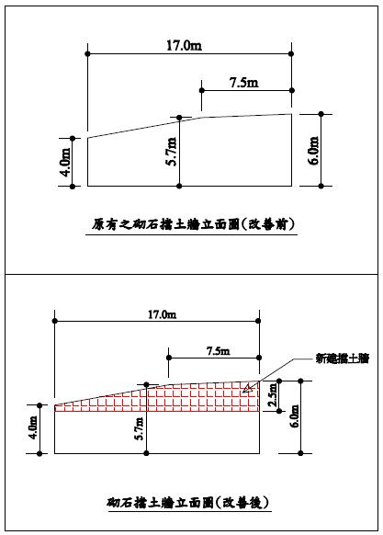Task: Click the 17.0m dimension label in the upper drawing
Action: [x=184, y=45]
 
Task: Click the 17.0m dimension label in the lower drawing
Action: [x=162, y=314]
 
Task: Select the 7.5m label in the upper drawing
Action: [x=243, y=82]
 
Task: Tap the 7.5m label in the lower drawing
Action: [x=219, y=351]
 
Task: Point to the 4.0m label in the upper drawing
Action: [x=65, y=162]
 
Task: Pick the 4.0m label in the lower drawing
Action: [x=33, y=427]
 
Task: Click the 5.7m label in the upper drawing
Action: [x=171, y=151]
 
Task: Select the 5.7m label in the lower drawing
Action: [x=139, y=428]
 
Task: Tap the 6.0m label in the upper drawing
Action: [x=314, y=151]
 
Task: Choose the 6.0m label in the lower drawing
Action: [x=295, y=415]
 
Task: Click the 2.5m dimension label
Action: [x=273, y=394]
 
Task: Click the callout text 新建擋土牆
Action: [x=342, y=359]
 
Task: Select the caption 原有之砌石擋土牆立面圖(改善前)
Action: [x=192, y=224]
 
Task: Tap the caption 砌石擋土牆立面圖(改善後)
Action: [x=188, y=502]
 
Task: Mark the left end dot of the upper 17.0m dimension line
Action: [x=87, y=53]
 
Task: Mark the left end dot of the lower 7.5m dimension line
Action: [x=168, y=358]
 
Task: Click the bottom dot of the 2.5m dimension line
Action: [x=279, y=411]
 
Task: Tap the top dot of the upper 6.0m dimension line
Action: [x=321, y=114]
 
